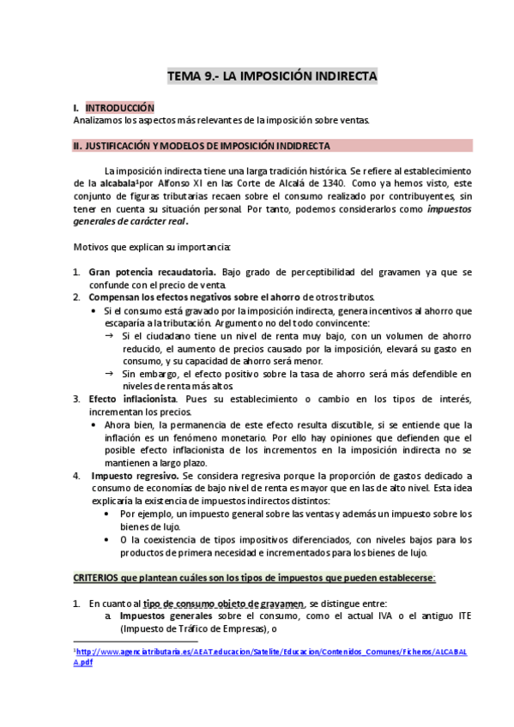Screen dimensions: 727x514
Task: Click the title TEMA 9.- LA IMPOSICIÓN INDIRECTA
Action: click(x=271, y=77)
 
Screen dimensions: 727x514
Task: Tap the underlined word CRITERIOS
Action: click(x=100, y=579)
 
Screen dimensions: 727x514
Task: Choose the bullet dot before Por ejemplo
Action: click(x=106, y=513)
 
